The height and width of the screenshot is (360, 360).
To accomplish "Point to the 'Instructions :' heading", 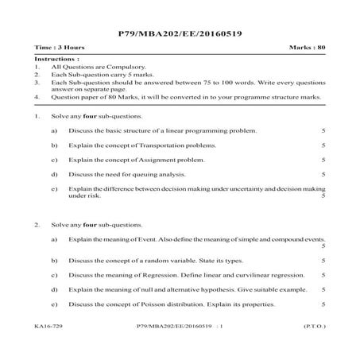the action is pos(57,60).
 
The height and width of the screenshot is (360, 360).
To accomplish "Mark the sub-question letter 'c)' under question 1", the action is pos(53,160).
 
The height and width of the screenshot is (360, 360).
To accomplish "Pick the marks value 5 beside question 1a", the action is pos(323,131).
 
